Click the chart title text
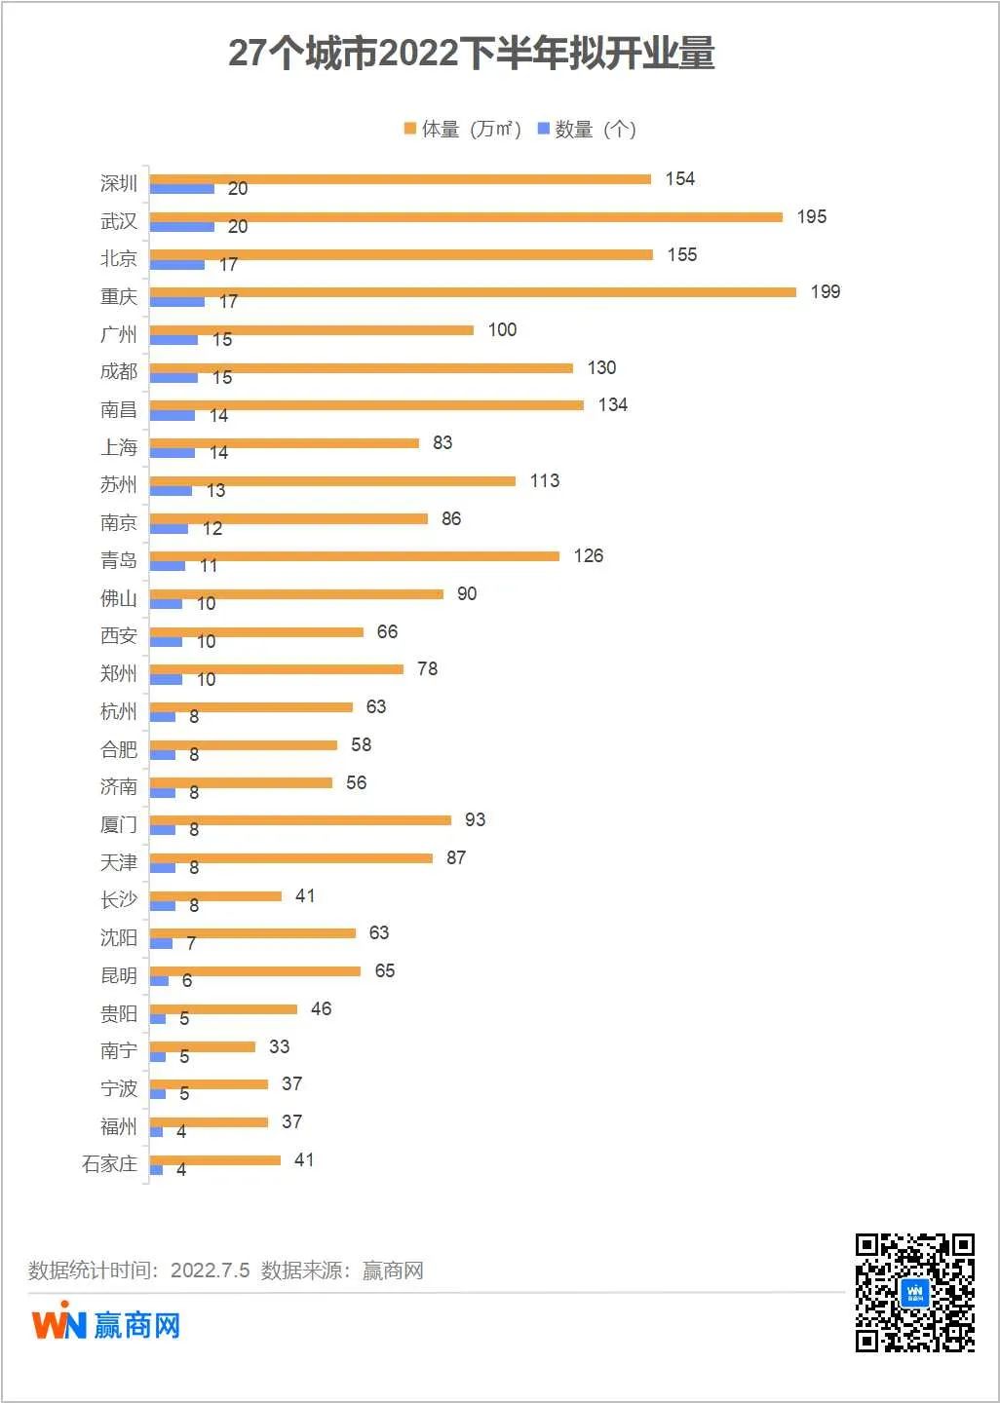[x=472, y=54]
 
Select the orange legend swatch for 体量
[x=410, y=129]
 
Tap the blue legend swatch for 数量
[x=544, y=129]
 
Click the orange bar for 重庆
[x=473, y=291]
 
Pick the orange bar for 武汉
[x=466, y=216]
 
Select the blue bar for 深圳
[x=182, y=189]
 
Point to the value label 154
[x=679, y=178]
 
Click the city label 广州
[x=119, y=334]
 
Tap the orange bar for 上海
[x=285, y=442]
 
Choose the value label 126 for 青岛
[x=588, y=555]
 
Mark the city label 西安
[x=119, y=635]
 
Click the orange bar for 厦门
[x=300, y=820]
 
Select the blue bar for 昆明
[x=160, y=981]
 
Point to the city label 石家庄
[x=109, y=1163]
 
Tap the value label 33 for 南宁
[x=279, y=1046]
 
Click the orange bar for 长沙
[x=215, y=895]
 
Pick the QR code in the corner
[x=914, y=1292]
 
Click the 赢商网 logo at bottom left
[x=105, y=1324]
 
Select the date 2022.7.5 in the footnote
[x=210, y=1270]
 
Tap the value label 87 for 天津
[x=455, y=857]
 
